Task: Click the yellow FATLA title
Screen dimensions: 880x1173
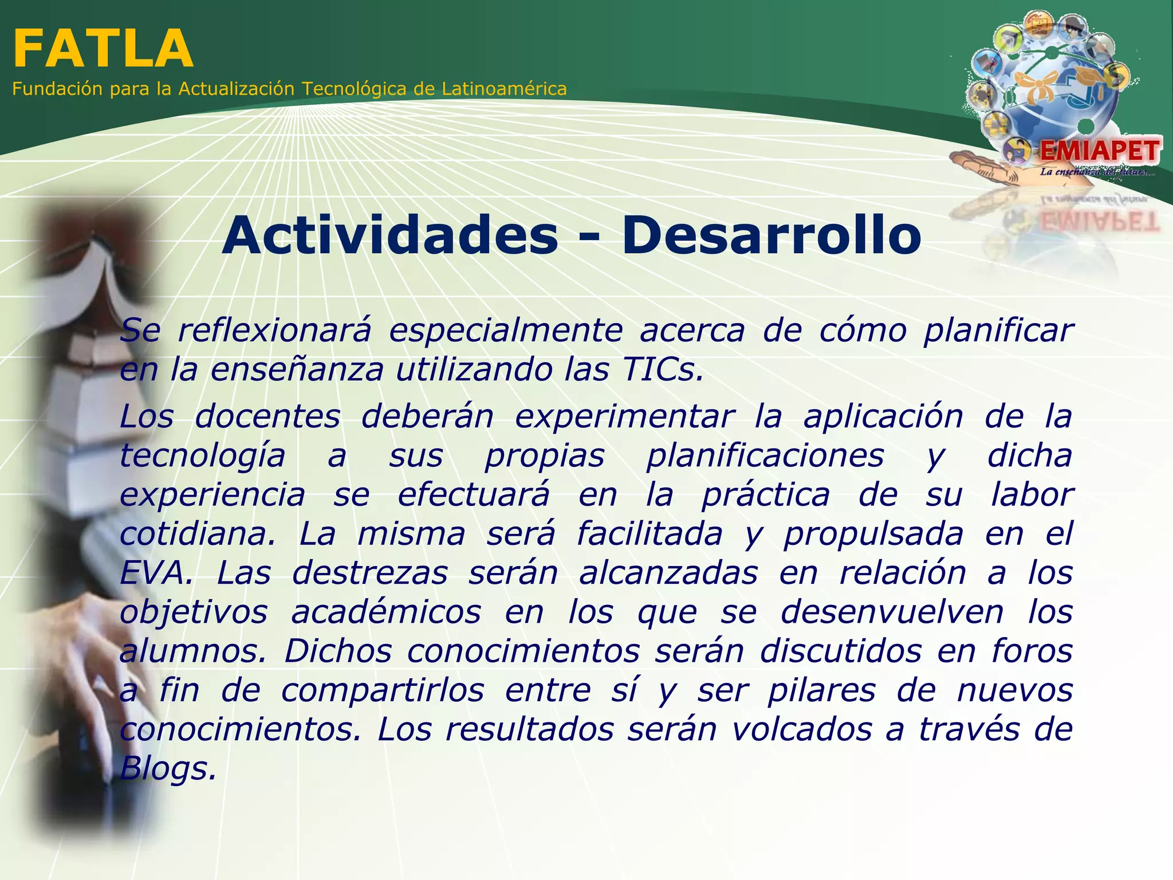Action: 103,49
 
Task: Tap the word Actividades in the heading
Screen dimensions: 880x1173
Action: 389,235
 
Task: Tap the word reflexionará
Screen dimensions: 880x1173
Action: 274,331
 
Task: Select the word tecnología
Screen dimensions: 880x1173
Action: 202,456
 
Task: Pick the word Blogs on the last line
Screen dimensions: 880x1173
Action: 168,769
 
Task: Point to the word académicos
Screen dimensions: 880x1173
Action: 386,612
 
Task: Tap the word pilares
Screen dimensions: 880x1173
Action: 821,690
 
